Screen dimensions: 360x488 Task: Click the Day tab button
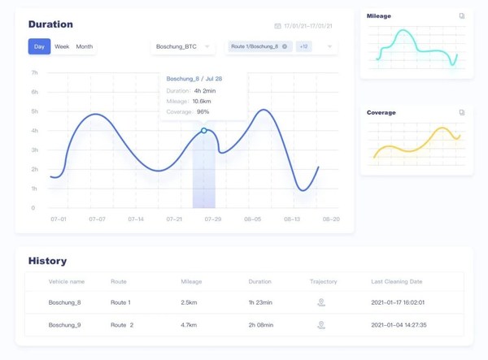[x=39, y=46]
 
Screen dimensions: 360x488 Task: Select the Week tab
[x=62, y=46]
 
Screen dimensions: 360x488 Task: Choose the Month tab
[x=85, y=46]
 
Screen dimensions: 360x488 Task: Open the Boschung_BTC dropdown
[x=182, y=46]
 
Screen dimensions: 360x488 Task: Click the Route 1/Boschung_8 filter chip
[x=259, y=46]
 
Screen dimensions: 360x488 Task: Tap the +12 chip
[x=303, y=46]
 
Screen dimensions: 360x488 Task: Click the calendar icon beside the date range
[x=278, y=26]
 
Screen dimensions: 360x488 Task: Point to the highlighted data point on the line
[x=204, y=130]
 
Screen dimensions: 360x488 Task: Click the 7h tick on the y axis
[x=34, y=73]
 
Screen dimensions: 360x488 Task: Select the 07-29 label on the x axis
[x=213, y=219]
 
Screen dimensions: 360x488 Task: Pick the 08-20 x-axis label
[x=330, y=219]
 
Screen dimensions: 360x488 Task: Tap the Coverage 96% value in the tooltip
[x=203, y=111]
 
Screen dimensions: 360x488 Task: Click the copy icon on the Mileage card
[x=462, y=15]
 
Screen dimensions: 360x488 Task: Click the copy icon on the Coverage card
[x=462, y=112]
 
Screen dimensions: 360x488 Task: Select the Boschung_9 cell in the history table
[x=65, y=324]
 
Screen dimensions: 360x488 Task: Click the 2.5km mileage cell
[x=190, y=302]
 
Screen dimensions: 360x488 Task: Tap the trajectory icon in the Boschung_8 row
[x=321, y=302]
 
